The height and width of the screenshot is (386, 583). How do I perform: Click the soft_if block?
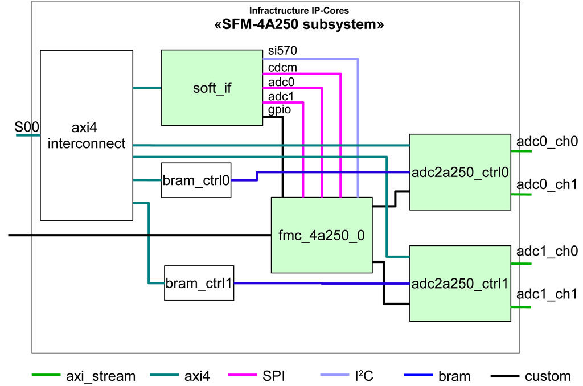pyautogui.click(x=212, y=88)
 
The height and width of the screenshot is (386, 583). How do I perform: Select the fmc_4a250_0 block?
pyautogui.click(x=322, y=235)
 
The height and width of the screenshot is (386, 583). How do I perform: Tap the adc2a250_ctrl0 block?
pyautogui.click(x=459, y=172)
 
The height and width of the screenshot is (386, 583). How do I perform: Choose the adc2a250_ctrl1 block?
pyautogui.click(x=459, y=284)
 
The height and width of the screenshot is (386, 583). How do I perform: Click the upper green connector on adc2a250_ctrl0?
pyautogui.click(x=527, y=154)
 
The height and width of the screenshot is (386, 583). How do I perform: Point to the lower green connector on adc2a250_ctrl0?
pyautogui.click(x=527, y=198)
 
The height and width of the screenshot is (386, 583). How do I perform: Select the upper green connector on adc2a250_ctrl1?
pyautogui.click(x=527, y=266)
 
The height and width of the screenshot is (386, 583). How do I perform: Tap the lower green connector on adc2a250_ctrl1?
pyautogui.click(x=527, y=310)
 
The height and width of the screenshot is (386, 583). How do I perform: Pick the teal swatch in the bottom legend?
pyautogui.click(x=162, y=372)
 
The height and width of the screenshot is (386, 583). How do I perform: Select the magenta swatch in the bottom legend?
pyautogui.click(x=240, y=372)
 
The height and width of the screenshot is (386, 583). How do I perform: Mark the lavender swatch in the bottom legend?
pyautogui.click(x=327, y=373)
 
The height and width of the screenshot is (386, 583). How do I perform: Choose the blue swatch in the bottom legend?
pyautogui.click(x=412, y=373)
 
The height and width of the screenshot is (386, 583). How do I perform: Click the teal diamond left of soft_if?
pyautogui.click(x=147, y=88)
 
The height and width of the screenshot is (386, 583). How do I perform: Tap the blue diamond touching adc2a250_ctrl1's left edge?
pyautogui.click(x=397, y=282)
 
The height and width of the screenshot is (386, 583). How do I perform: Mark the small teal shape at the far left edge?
pyautogui.click(x=24, y=140)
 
